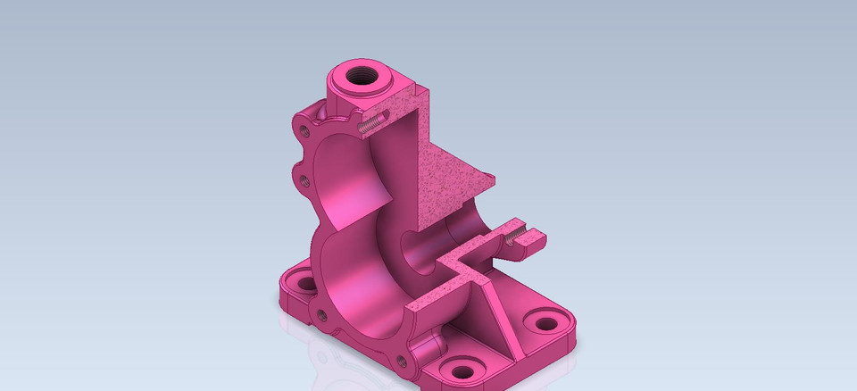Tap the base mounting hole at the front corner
point(460,370)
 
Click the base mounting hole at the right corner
point(542,323)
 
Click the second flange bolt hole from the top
point(304,181)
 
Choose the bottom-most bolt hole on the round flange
point(400,361)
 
